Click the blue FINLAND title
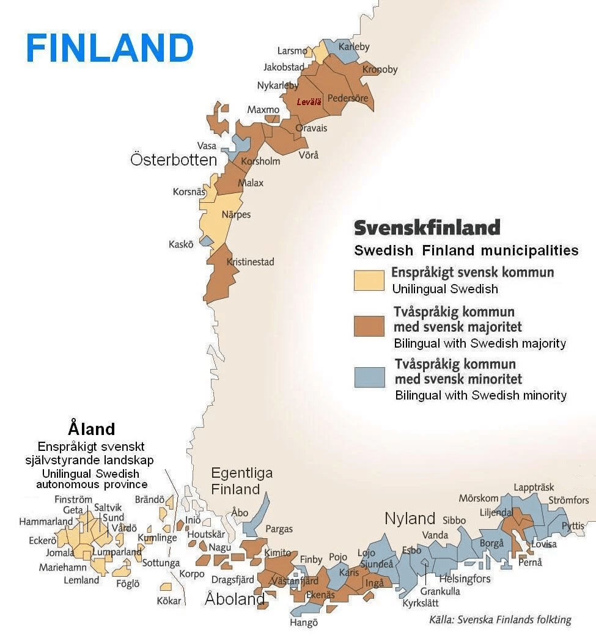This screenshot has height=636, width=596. [109, 48]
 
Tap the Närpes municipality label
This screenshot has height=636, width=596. [236, 214]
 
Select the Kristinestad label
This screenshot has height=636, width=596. [250, 261]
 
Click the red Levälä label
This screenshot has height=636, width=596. [309, 102]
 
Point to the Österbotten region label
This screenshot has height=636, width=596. [174, 160]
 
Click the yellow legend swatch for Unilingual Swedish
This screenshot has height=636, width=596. [369, 279]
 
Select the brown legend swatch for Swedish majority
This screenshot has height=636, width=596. [369, 326]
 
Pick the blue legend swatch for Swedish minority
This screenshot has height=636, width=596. [369, 377]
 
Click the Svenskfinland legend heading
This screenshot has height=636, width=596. [427, 228]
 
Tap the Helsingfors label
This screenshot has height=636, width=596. [465, 579]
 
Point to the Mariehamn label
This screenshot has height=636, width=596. [61, 567]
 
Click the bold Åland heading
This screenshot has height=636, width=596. [92, 428]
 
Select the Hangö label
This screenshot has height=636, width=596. [304, 623]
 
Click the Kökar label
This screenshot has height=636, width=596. [169, 601]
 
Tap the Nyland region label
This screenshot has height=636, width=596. [410, 519]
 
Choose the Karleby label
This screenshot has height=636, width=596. [355, 47]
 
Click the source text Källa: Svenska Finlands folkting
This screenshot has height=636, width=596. [500, 620]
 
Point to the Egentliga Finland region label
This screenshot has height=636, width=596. [241, 481]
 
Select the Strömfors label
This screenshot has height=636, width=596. [568, 500]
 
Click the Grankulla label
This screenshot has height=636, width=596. [440, 591]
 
